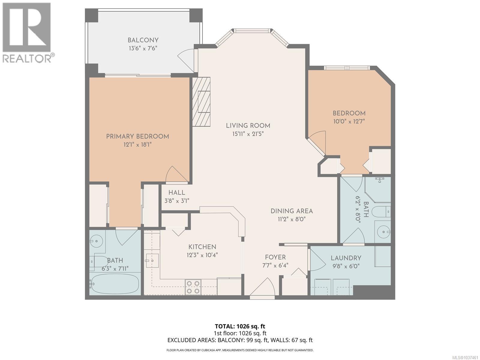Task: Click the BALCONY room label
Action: [143, 40]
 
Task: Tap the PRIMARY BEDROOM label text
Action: [137, 136]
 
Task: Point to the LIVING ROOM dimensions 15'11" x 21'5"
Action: [248, 134]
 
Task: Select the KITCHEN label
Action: [202, 247]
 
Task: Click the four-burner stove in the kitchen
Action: [193, 287]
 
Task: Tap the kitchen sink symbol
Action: [152, 260]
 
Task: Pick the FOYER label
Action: [275, 257]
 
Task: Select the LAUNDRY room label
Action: [346, 258]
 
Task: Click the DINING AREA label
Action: [292, 211]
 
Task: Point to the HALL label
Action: [177, 193]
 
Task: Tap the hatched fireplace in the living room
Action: [201, 102]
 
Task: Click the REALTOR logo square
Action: [26, 27]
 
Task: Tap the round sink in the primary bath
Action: [96, 241]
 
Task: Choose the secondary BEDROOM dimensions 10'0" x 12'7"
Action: [349, 121]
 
